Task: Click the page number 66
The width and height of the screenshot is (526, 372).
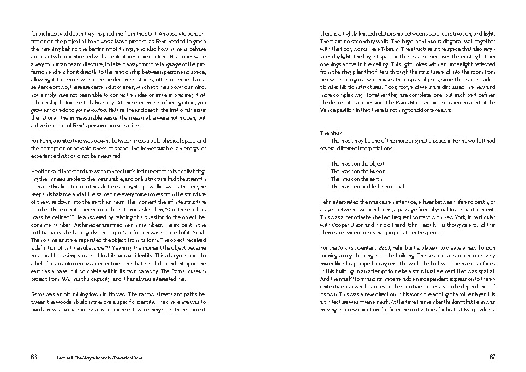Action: point(34,357)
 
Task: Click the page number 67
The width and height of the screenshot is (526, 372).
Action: point(492,357)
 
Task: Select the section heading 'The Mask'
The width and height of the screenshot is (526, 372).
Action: point(331,133)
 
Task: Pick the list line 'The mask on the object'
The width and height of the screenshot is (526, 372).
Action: point(357,163)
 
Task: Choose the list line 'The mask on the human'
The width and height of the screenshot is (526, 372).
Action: point(357,171)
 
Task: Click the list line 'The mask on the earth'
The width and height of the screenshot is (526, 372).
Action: point(356,179)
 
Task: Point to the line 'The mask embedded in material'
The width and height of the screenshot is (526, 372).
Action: point(367,186)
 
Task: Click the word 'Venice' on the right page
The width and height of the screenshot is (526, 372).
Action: point(330,110)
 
